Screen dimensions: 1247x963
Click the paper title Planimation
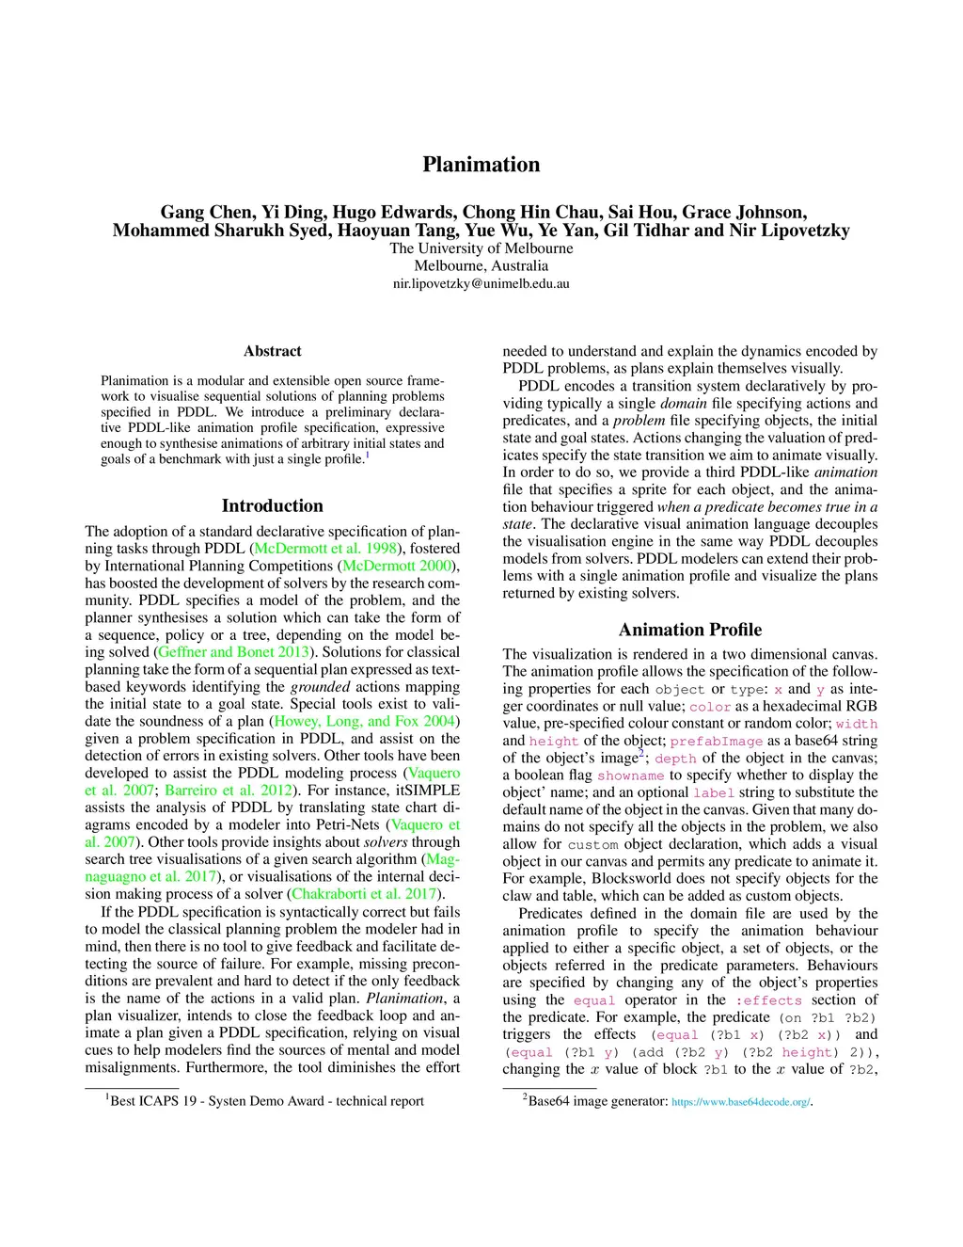(x=481, y=165)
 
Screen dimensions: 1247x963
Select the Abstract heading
(x=272, y=351)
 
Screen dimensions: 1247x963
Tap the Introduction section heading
(x=272, y=505)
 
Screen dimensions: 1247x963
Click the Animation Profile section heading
(x=689, y=630)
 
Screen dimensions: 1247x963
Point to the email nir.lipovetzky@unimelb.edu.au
(x=481, y=283)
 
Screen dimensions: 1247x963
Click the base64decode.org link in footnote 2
(x=740, y=1102)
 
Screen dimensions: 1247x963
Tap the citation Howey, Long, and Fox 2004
(x=365, y=721)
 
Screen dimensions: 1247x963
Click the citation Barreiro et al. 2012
(x=229, y=791)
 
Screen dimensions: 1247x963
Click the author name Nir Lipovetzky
(x=789, y=231)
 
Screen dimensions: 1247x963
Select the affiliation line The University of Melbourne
(x=481, y=248)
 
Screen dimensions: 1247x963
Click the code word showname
(x=630, y=776)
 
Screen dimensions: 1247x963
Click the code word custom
(x=592, y=845)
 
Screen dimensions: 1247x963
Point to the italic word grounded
(x=320, y=687)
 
